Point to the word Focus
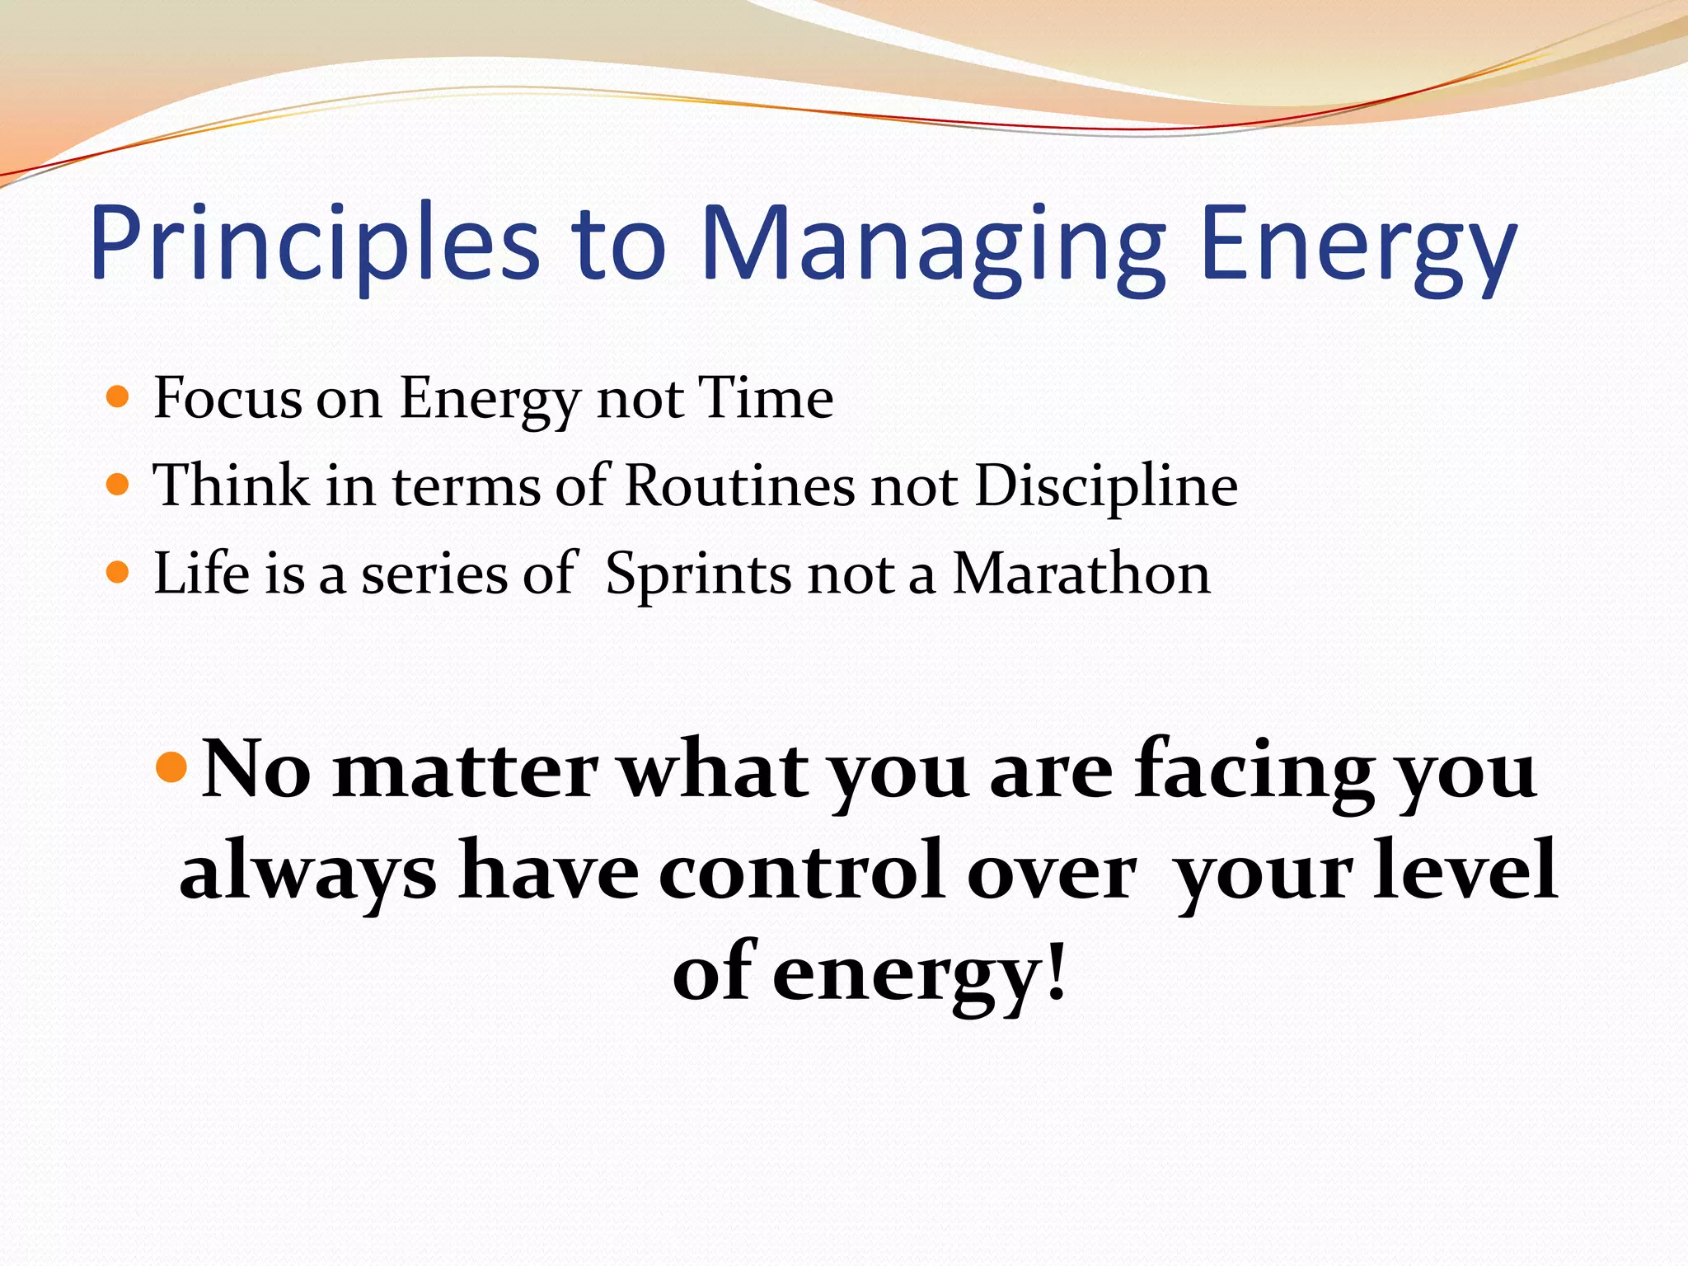[227, 398]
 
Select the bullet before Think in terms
[118, 485]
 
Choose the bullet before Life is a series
[118, 572]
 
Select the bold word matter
[465, 770]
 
